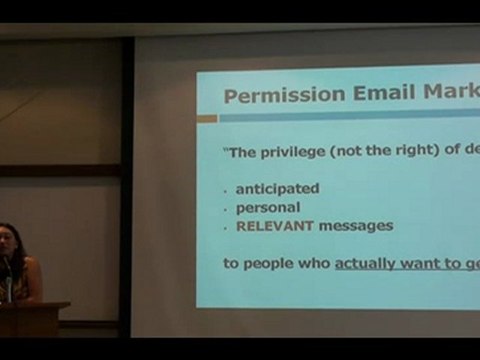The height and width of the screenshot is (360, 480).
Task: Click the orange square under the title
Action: pyautogui.click(x=207, y=119)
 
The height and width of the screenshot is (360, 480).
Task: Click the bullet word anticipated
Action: pyautogui.click(x=277, y=188)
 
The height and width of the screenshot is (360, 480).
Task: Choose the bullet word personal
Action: pyautogui.click(x=267, y=207)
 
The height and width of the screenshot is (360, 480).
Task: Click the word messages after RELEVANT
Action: pyautogui.click(x=354, y=226)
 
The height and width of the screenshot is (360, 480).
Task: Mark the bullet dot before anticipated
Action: pyautogui.click(x=226, y=189)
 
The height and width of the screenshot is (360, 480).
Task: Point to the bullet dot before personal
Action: pyautogui.click(x=226, y=208)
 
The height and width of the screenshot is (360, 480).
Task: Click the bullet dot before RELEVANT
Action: pyautogui.click(x=226, y=227)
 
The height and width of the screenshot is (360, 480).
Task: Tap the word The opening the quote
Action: pyautogui.click(x=241, y=152)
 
